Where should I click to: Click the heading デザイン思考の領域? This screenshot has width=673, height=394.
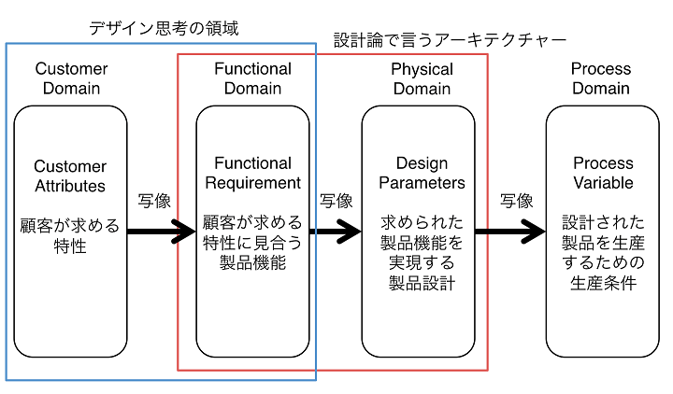(x=164, y=28)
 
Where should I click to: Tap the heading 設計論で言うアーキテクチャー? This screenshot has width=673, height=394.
(x=450, y=40)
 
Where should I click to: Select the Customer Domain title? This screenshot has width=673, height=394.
(x=71, y=78)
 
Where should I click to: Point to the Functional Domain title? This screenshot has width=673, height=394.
(x=252, y=78)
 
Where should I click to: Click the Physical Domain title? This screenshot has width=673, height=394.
(x=422, y=78)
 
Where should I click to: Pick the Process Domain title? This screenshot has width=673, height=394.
(x=601, y=78)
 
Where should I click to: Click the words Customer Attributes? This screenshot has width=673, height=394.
(x=70, y=176)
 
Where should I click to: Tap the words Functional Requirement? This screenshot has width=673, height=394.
(x=252, y=173)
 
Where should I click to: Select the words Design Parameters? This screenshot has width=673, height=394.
(x=422, y=173)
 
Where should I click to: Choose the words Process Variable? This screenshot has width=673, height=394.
(x=603, y=173)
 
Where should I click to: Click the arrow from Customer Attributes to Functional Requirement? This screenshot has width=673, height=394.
(x=162, y=232)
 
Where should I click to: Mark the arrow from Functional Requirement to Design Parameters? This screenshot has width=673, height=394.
(x=336, y=232)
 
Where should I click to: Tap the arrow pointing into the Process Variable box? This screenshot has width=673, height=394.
(x=510, y=232)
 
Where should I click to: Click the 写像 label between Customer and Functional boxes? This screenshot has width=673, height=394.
(x=154, y=201)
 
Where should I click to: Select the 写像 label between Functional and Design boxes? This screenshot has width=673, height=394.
(x=336, y=201)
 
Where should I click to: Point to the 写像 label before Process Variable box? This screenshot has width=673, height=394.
(x=516, y=201)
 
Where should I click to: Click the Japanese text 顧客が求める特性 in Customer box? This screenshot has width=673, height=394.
(x=70, y=236)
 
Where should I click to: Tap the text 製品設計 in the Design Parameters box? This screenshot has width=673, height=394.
(x=422, y=283)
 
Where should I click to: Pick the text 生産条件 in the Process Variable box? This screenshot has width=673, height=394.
(x=603, y=283)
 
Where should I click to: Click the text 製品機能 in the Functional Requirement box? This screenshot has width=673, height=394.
(x=252, y=262)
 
